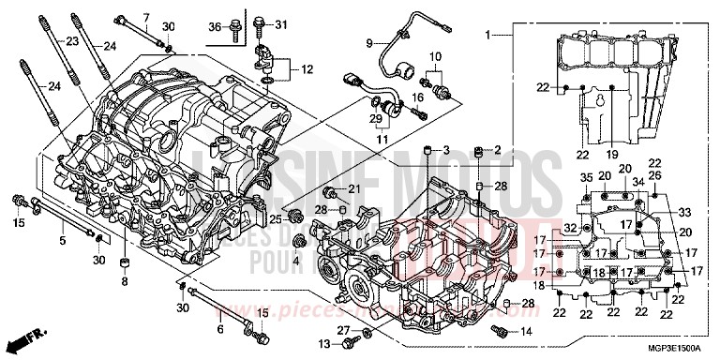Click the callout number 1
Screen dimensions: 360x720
[x=487, y=35]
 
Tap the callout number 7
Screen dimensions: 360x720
[x=146, y=17]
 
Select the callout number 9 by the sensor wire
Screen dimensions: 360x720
[x=369, y=42]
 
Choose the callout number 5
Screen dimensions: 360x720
[x=63, y=241]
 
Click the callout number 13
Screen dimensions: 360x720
[x=323, y=347]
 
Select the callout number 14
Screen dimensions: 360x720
[x=524, y=332]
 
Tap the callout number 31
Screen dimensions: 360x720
[x=282, y=24]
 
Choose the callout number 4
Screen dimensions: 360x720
[x=296, y=260]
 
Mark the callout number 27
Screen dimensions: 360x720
[x=344, y=331]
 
